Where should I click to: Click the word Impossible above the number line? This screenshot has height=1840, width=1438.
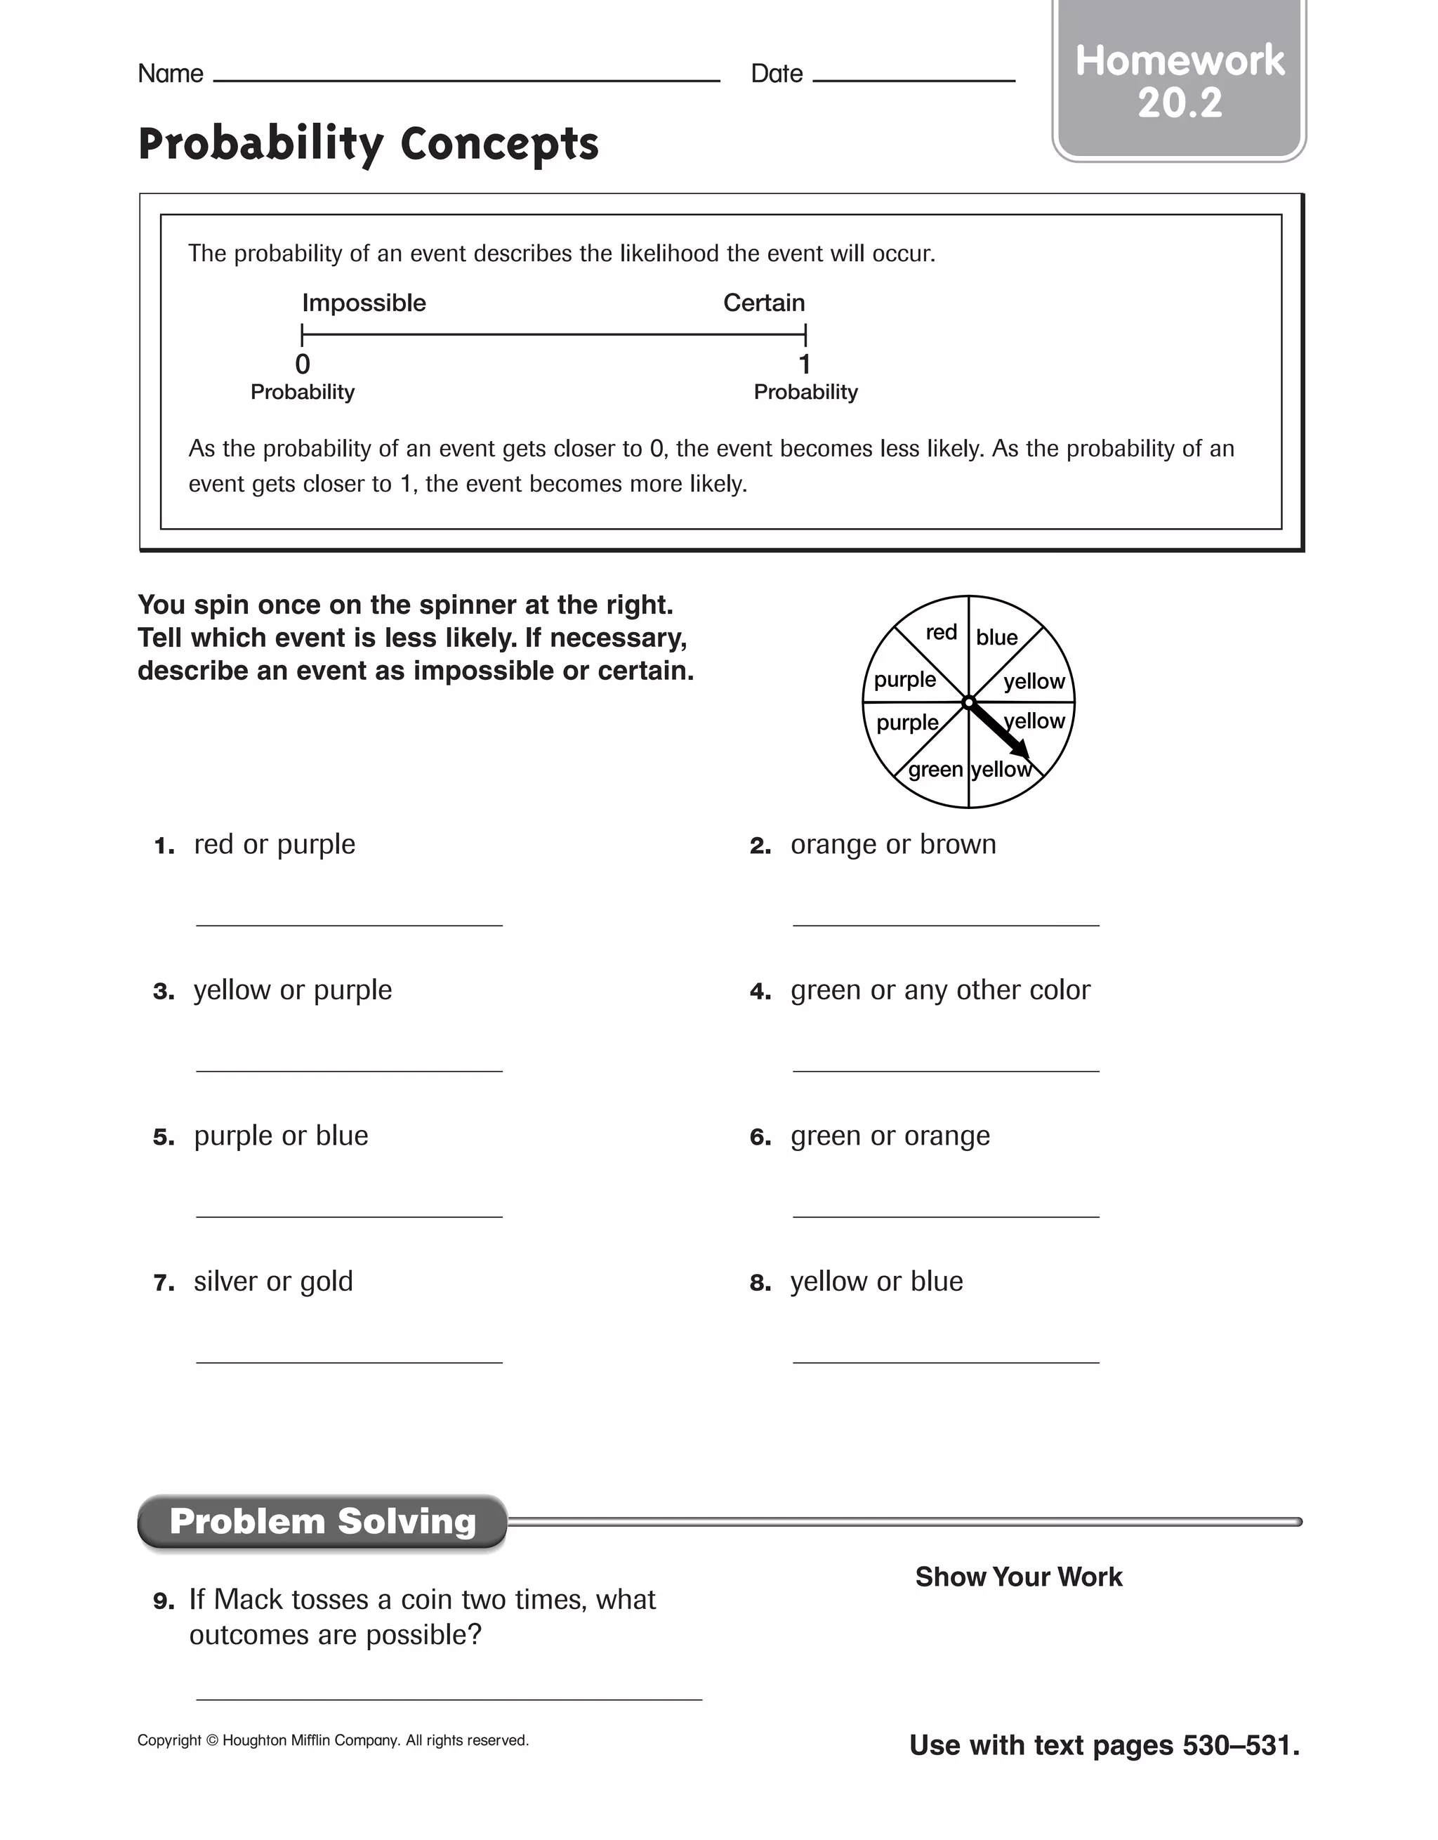tap(364, 303)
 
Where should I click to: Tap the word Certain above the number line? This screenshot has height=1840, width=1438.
tap(764, 303)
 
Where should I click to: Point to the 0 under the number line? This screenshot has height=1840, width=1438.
tap(303, 364)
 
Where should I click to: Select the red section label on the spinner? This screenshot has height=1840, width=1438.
tap(941, 633)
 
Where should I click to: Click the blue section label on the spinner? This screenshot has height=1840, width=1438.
tap(996, 638)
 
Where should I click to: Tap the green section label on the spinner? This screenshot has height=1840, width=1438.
tap(935, 770)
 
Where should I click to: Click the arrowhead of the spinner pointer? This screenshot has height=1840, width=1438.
tap(1020, 748)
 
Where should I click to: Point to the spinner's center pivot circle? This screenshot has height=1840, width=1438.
tap(969, 702)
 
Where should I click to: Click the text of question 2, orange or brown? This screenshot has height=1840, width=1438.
tap(893, 844)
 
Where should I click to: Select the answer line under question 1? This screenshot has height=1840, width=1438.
tap(349, 924)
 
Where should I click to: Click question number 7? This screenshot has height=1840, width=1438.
tap(164, 1283)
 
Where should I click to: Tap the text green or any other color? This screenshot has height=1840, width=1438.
tap(940, 990)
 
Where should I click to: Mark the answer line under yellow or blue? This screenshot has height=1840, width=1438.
tap(945, 1362)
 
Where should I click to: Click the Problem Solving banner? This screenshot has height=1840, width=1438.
tap(323, 1522)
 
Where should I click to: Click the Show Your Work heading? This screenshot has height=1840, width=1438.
tap(1019, 1577)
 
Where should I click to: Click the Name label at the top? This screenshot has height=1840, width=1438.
tap(170, 74)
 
